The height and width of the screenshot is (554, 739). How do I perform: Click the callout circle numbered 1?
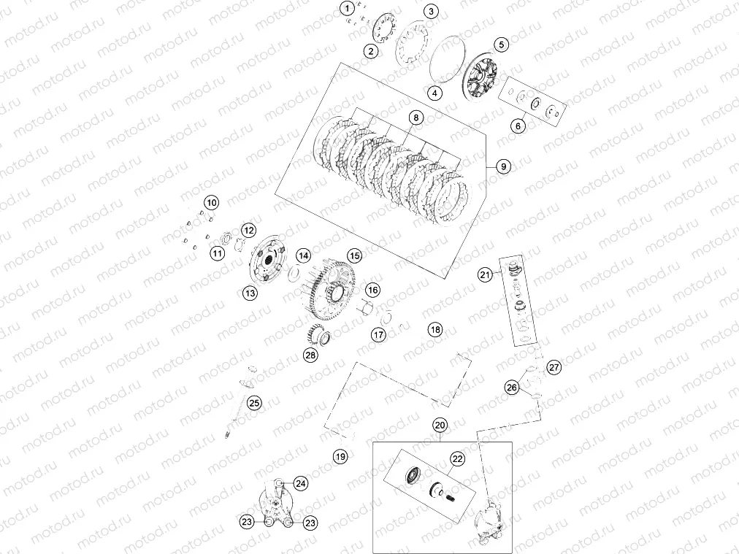pos(348,8)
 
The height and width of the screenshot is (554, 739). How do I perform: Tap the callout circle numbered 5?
pos(501,45)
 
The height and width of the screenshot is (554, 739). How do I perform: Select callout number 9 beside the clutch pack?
pos(503,166)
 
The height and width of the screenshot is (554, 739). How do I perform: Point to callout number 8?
pos(415,118)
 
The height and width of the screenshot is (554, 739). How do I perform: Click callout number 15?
pos(354,256)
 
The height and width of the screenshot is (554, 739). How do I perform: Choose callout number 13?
pos(250,293)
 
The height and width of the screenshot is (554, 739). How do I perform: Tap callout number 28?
pos(311,355)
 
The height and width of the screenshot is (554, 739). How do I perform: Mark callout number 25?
pos(253,402)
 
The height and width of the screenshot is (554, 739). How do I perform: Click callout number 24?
pos(302,482)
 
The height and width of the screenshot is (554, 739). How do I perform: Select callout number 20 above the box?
pos(440,425)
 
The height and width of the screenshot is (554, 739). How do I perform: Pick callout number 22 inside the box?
pos(457,459)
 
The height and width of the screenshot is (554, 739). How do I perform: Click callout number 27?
pos(554,367)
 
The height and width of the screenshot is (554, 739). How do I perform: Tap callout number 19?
pos(340,457)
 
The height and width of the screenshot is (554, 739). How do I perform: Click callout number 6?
pos(518,126)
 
